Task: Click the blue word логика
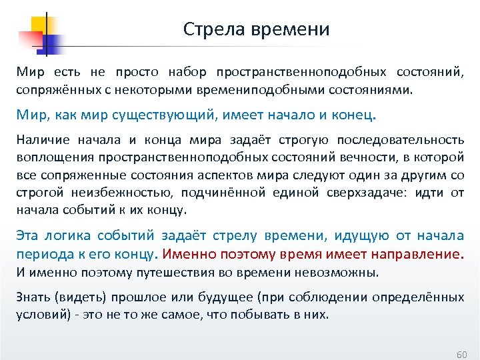(65, 235)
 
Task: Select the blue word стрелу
(234, 235)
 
